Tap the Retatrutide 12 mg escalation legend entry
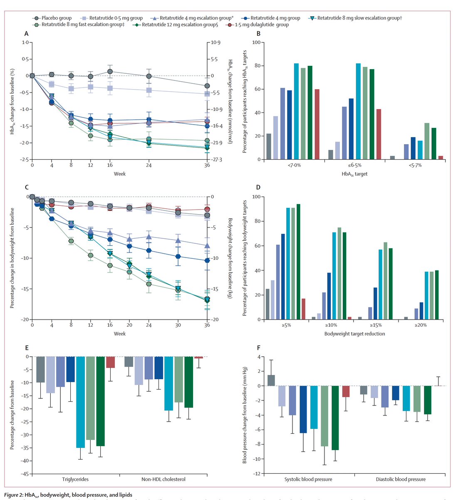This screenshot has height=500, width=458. (175, 25)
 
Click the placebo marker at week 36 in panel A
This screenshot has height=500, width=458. (207, 86)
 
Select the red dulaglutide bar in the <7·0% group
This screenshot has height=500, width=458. (317, 124)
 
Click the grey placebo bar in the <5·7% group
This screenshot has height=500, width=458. (392, 157)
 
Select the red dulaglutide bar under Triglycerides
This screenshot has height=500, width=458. (110, 362)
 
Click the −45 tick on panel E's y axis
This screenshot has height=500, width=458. (26, 474)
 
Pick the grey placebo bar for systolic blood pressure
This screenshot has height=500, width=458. (271, 380)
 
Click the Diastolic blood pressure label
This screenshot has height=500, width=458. (401, 479)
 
